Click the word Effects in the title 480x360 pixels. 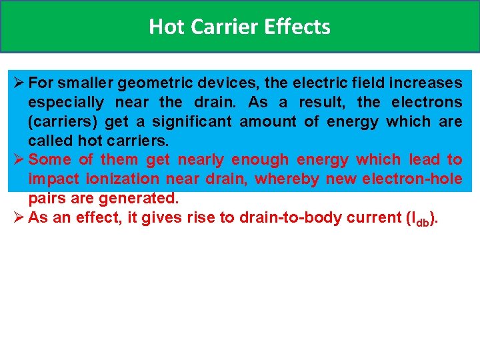297,27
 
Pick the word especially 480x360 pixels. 66,103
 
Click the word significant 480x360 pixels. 192,122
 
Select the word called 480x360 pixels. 51,141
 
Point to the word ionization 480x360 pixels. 122,179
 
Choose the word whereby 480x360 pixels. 285,179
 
